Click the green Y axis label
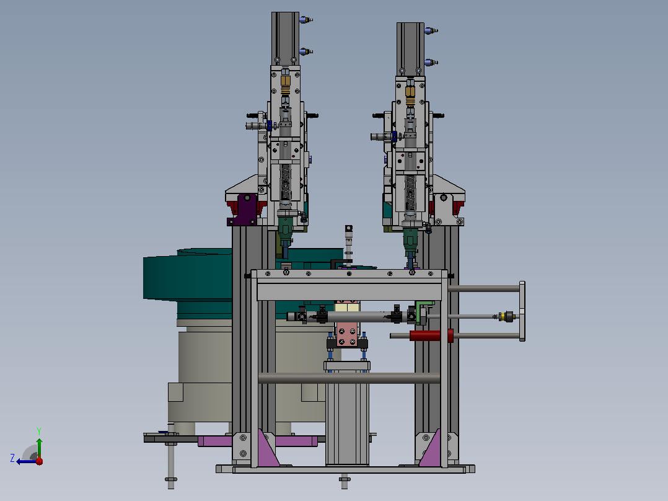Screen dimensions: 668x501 click(39, 431)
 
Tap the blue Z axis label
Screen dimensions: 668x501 click(12, 458)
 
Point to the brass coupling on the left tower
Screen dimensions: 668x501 click(286, 84)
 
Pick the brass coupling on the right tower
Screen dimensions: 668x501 click(410, 95)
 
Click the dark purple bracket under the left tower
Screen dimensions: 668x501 click(244, 210)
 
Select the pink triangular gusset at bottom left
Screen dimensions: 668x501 click(268, 449)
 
